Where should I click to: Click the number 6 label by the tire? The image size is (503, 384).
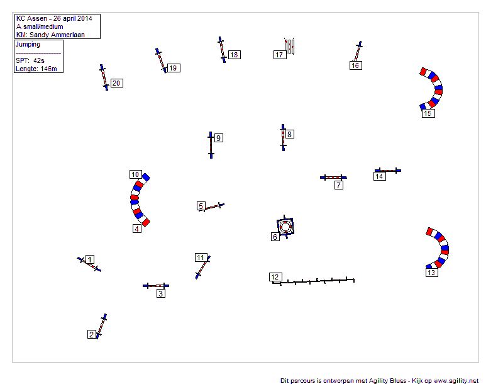point(275,237)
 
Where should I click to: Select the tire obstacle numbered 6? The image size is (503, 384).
point(285,227)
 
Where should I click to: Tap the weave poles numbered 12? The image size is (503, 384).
point(313,281)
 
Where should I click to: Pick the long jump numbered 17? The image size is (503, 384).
point(289,46)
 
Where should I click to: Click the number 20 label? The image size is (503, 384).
point(117,83)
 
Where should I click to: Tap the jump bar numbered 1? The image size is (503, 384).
point(89,264)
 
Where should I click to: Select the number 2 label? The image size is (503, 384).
point(92,334)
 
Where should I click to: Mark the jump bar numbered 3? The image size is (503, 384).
point(156,285)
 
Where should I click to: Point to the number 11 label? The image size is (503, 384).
point(201,257)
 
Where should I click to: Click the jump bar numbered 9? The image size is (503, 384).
point(211,145)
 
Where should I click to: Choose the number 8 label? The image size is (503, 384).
point(289,134)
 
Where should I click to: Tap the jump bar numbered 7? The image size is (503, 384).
point(333,178)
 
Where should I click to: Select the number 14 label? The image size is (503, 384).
point(379,176)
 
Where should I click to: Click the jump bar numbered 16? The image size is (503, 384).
point(358,51)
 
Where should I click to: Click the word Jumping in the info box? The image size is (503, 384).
point(28,44)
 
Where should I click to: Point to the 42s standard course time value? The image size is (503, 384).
point(39,60)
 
